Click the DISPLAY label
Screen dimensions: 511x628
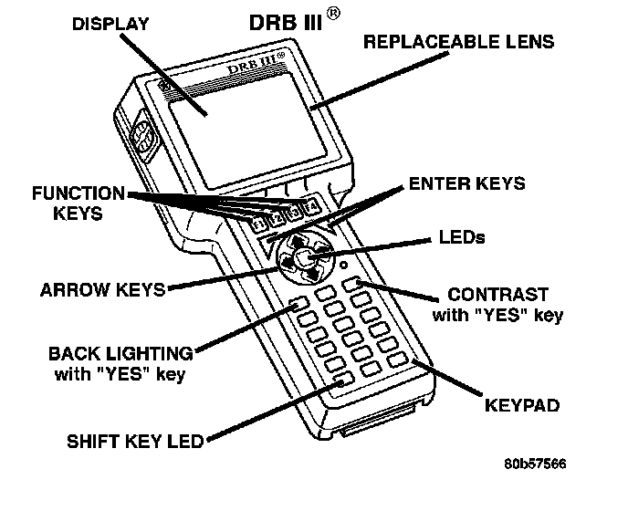tap(110, 25)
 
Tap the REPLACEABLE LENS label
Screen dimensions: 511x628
tap(458, 42)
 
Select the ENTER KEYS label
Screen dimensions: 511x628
tap(467, 183)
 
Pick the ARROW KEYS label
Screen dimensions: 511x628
tap(103, 290)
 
